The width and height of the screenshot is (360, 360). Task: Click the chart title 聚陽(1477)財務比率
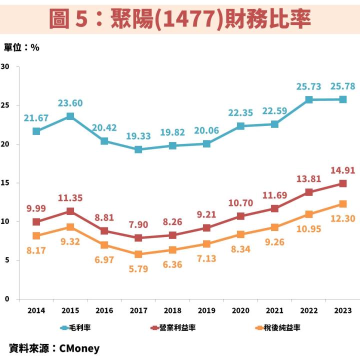(x=180, y=18)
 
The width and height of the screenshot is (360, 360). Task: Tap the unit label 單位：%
(x=21, y=47)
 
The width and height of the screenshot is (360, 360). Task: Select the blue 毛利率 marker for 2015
(x=70, y=116)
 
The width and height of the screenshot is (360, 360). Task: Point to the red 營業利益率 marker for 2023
(x=343, y=183)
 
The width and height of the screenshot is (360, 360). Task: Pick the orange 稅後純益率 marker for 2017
(x=138, y=254)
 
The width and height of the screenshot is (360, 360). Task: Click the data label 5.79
(x=138, y=269)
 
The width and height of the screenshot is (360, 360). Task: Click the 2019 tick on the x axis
(x=206, y=310)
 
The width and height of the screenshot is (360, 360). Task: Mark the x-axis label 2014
(x=36, y=310)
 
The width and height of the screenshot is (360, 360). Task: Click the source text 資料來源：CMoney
(x=54, y=348)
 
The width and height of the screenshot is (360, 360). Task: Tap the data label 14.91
(x=343, y=170)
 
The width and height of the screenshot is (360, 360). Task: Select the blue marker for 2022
(x=309, y=99)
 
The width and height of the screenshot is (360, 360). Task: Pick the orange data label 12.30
(x=343, y=218)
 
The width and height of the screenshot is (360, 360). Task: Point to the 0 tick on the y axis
(x=7, y=299)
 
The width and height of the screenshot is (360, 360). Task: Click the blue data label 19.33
(x=138, y=136)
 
